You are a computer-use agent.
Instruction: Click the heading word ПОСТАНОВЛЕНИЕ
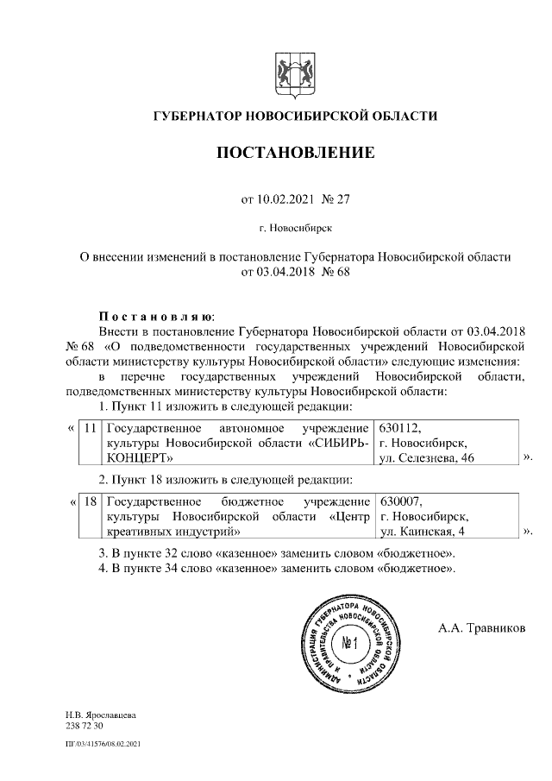(x=295, y=154)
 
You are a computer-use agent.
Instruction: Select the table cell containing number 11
(x=89, y=428)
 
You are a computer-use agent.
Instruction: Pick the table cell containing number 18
(x=89, y=501)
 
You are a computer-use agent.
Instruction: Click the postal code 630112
(x=399, y=428)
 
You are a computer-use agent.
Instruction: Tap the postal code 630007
(x=399, y=501)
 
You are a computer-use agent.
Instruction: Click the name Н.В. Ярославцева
(x=100, y=715)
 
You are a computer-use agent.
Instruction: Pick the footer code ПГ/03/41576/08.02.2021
(x=103, y=743)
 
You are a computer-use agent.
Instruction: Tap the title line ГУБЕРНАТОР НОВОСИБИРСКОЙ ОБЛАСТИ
(x=295, y=116)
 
